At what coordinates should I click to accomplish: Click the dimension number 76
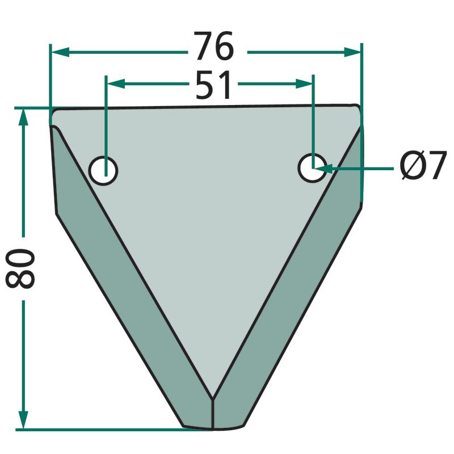click(x=214, y=46)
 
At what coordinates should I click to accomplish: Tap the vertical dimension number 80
click(x=20, y=268)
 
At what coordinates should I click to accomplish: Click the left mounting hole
click(x=103, y=170)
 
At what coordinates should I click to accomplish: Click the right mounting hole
click(x=313, y=168)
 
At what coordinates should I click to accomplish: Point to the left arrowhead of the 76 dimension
click(x=60, y=52)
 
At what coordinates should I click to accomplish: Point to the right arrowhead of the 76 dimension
click(x=352, y=52)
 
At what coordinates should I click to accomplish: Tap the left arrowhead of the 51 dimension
click(x=116, y=83)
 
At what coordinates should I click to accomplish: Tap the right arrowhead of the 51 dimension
click(x=304, y=83)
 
